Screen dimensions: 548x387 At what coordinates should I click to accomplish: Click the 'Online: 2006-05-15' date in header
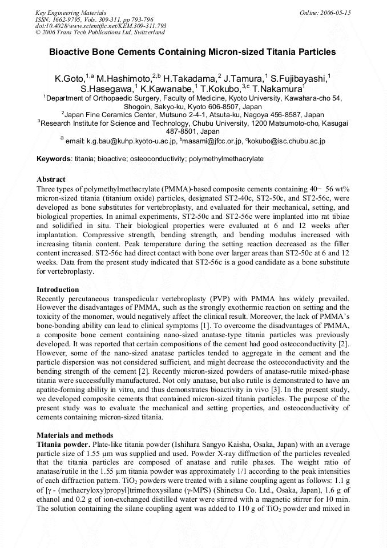325,12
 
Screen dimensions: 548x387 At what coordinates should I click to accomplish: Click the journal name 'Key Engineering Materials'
71,12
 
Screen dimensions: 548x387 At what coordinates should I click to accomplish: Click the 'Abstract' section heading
51,179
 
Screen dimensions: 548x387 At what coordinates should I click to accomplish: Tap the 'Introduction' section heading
58,290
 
